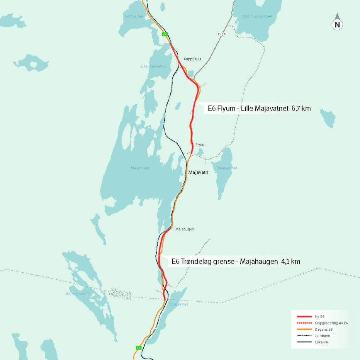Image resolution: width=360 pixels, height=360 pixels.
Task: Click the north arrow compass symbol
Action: (x=337, y=24)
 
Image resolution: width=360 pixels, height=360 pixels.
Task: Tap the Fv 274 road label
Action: (x=222, y=34)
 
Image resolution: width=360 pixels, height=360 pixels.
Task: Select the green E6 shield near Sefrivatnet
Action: (x=165, y=34)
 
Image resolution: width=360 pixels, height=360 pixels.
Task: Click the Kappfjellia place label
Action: (x=192, y=59)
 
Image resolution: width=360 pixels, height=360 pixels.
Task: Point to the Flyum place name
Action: (x=200, y=144)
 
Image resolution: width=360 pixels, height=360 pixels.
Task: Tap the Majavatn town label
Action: (x=198, y=172)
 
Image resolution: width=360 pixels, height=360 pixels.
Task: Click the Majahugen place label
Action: (x=185, y=229)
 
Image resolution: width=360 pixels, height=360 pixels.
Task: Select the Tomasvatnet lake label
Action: (x=226, y=168)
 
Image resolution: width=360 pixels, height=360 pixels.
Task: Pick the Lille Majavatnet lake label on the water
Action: (x=153, y=66)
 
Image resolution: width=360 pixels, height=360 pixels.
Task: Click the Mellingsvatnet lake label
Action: (x=77, y=294)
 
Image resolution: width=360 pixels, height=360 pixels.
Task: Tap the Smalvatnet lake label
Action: (x=178, y=304)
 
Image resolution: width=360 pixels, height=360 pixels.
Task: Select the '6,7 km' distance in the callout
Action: (x=301, y=109)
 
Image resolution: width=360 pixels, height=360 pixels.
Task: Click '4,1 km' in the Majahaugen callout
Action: (x=290, y=262)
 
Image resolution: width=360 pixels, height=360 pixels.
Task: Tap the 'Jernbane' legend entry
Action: (x=322, y=336)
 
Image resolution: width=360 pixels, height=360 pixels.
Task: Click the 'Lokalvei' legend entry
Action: (x=321, y=342)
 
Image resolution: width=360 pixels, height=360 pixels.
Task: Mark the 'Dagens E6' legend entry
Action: (x=324, y=329)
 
